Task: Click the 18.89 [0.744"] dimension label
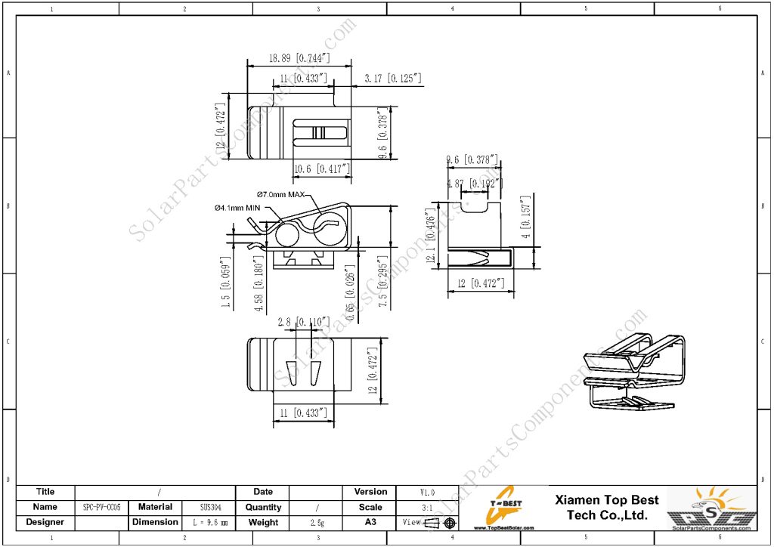(299, 57)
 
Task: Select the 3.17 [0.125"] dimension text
(392, 78)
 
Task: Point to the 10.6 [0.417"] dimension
(322, 168)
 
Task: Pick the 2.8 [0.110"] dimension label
(304, 322)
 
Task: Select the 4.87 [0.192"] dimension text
(472, 184)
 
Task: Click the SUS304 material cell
(206, 508)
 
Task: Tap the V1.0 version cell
(427, 492)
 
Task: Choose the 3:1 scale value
(427, 508)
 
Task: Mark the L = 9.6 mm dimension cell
(206, 523)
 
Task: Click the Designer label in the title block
(45, 522)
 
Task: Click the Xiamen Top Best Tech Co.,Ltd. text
(607, 508)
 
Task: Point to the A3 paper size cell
(370, 523)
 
